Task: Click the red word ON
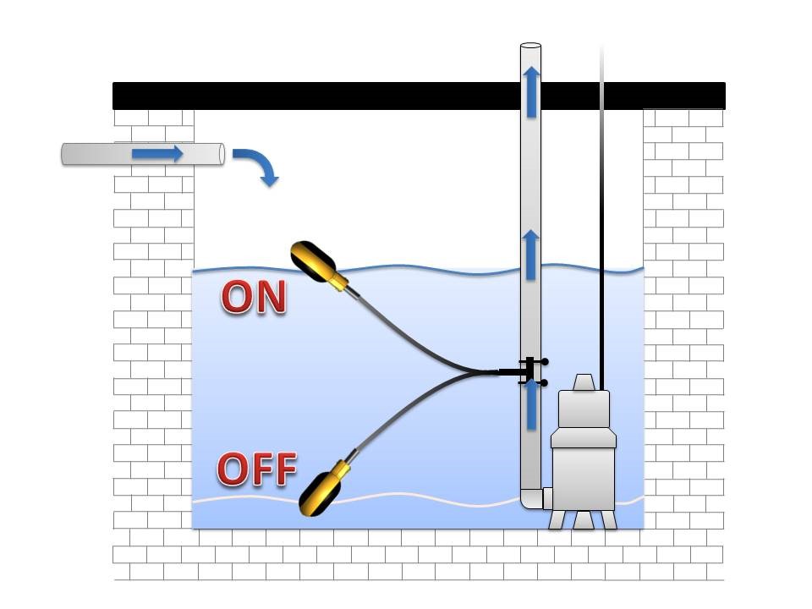pos(254,298)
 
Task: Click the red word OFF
pos(257,469)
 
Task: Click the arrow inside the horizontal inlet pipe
pos(157,154)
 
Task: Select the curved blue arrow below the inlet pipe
pos(257,166)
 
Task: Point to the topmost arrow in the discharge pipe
pos(531,91)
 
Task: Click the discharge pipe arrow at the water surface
pos(531,255)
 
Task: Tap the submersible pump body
pos(583,474)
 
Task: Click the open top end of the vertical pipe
pos(530,46)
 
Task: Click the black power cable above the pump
pos(602,254)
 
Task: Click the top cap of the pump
pos(583,383)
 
